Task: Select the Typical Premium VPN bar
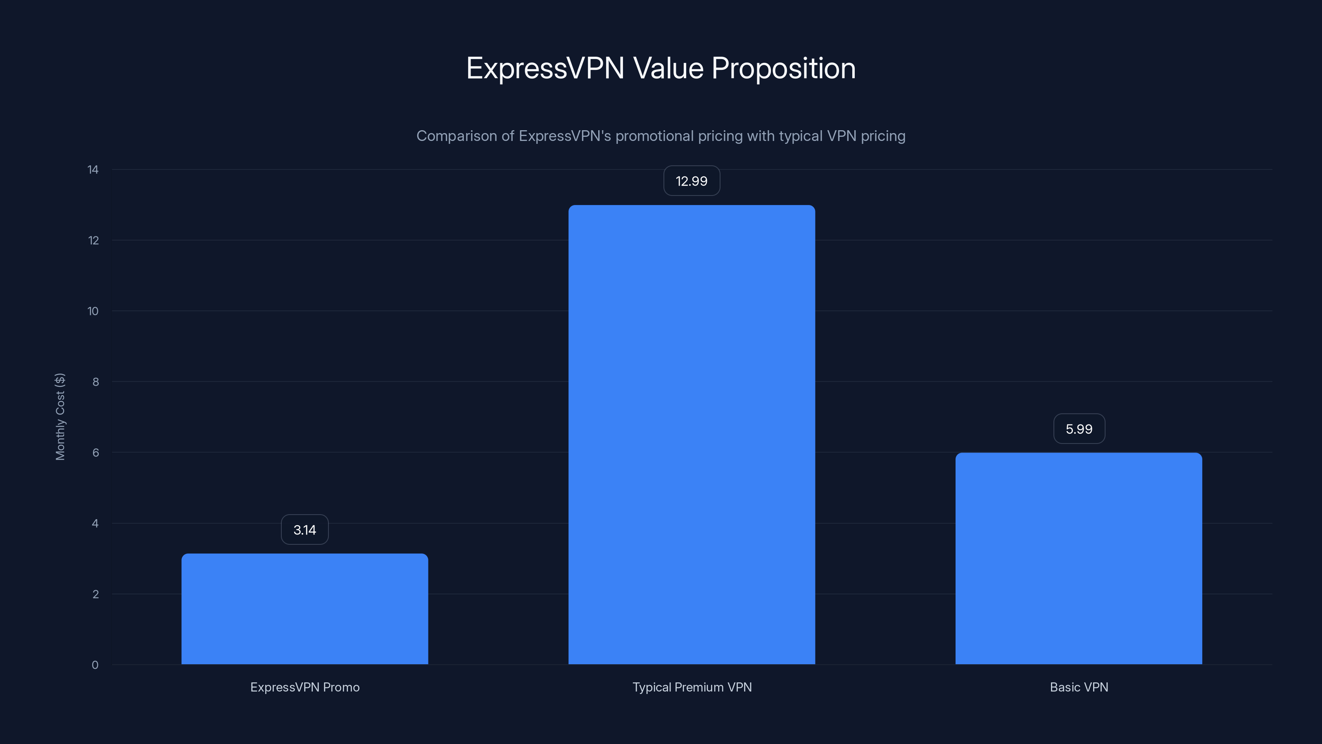click(x=691, y=434)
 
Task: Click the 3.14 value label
click(x=304, y=529)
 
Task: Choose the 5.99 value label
click(x=1079, y=429)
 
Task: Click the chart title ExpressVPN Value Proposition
click(x=661, y=68)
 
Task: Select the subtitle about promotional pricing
click(x=661, y=136)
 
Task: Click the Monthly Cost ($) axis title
click(x=60, y=416)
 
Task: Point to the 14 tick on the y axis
click(x=93, y=169)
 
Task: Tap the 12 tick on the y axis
click(x=93, y=240)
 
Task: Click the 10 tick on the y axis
click(x=93, y=311)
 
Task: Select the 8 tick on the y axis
click(x=95, y=382)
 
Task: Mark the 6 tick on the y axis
click(x=95, y=452)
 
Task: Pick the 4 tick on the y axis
click(x=95, y=523)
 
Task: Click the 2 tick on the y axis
click(x=95, y=594)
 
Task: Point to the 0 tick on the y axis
click(x=95, y=665)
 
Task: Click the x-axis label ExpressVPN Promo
click(x=305, y=687)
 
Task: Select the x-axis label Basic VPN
click(x=1079, y=687)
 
